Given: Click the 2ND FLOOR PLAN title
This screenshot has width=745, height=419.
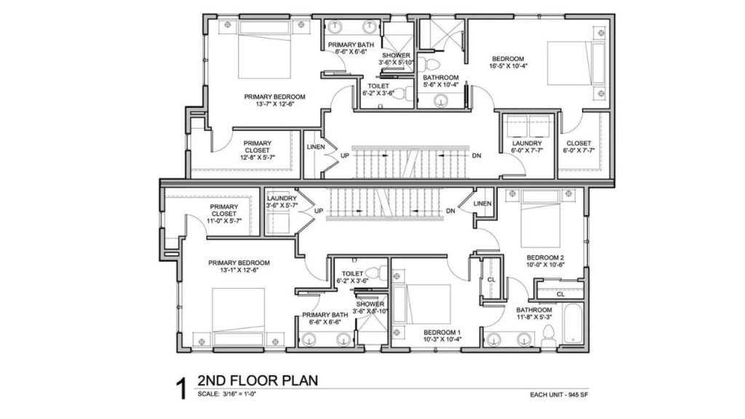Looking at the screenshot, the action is [258, 380].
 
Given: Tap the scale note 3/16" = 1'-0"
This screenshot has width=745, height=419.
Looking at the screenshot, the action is [239, 394].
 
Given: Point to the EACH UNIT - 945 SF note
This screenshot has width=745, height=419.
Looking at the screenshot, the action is [559, 395].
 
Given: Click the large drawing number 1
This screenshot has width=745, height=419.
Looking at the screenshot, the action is [181, 388].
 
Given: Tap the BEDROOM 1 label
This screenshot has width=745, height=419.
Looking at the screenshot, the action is [442, 332].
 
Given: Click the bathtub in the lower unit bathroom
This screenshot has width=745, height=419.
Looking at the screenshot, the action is [573, 323].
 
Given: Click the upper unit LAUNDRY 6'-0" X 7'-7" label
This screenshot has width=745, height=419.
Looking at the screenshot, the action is [527, 146].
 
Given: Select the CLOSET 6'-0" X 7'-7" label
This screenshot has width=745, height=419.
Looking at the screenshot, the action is [578, 146].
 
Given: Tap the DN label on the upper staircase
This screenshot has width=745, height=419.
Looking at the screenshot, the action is [477, 156].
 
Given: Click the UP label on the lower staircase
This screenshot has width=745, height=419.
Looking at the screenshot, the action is [319, 210].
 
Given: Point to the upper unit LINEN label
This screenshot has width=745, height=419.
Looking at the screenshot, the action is [316, 147].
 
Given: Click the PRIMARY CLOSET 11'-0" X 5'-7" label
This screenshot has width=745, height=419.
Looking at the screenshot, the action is [224, 214].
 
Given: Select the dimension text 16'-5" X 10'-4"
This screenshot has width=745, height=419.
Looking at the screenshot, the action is [508, 66].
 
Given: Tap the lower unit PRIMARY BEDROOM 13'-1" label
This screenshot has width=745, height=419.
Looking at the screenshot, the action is [239, 266].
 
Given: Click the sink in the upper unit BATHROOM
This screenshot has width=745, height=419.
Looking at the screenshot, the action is [442, 100].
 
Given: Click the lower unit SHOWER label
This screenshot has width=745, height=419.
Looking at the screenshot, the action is [370, 304].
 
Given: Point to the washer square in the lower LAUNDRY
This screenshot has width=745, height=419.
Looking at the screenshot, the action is [279, 223].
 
